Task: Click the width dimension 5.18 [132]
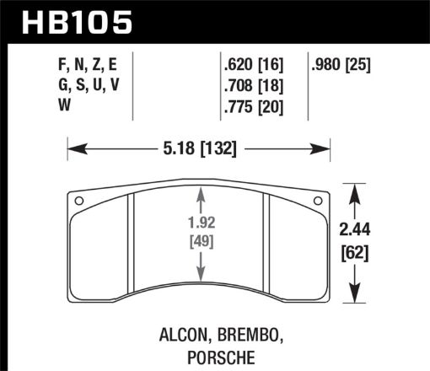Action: point(200,150)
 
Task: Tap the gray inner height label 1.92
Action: point(201,226)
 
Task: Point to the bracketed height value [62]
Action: point(358,250)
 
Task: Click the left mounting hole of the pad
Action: point(78,201)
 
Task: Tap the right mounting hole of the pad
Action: point(318,201)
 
